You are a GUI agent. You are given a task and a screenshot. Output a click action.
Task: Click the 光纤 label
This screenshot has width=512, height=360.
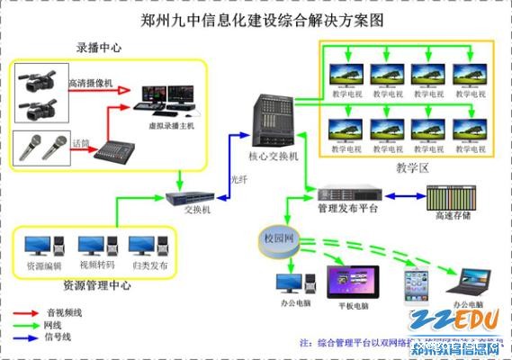point(240,178)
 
